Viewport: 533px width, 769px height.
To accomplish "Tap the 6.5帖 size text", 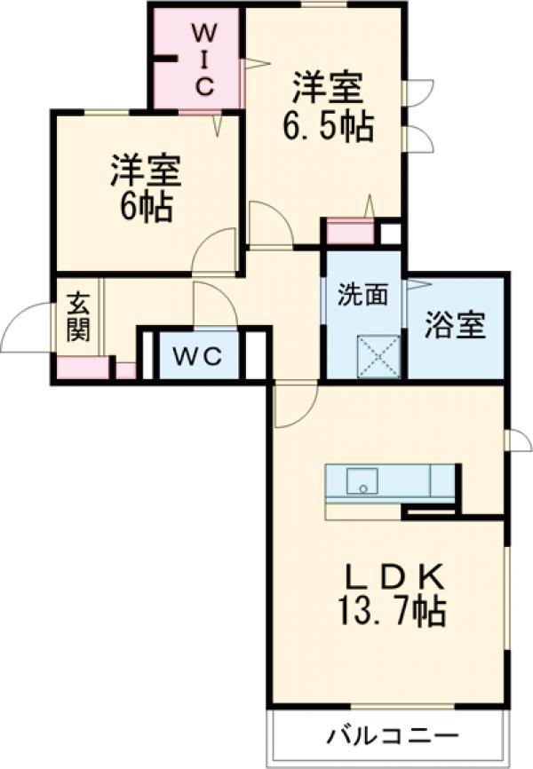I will pyautogui.click(x=327, y=127).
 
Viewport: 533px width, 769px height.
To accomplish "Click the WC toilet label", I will pyautogui.click(x=196, y=356).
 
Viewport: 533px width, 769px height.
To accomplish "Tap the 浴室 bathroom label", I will pyautogui.click(x=454, y=326).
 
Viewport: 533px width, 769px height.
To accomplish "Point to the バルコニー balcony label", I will pyautogui.click(x=392, y=736).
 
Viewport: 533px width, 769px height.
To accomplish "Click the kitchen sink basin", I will pyautogui.click(x=362, y=481).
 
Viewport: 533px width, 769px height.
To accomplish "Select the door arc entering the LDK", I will pyautogui.click(x=294, y=405).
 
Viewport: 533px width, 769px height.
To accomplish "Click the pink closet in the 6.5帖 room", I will pyautogui.click(x=349, y=231).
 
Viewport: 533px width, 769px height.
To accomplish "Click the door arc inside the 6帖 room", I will pyautogui.click(x=215, y=249).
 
